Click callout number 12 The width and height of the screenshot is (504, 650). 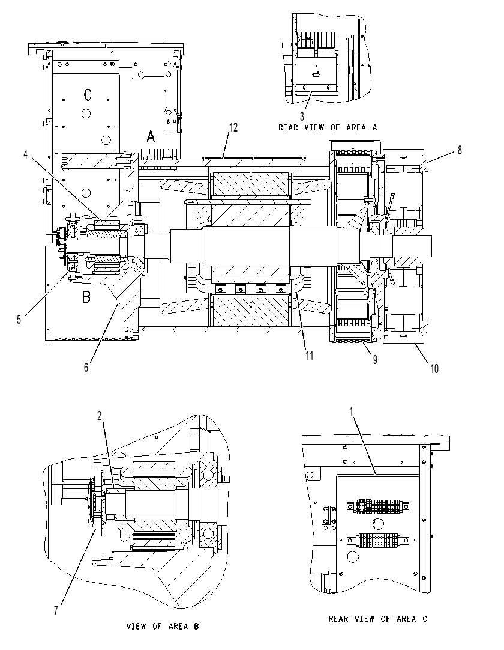(x=233, y=127)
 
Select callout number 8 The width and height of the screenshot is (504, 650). (x=460, y=150)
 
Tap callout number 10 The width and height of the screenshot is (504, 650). (x=434, y=368)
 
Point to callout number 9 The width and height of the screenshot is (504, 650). (x=375, y=359)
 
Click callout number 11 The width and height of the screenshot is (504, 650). (x=310, y=355)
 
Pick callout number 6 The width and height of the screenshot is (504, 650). (x=86, y=367)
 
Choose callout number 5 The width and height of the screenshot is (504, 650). (x=19, y=319)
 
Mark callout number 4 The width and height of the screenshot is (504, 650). (x=26, y=154)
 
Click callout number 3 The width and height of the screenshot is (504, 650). (x=302, y=117)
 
